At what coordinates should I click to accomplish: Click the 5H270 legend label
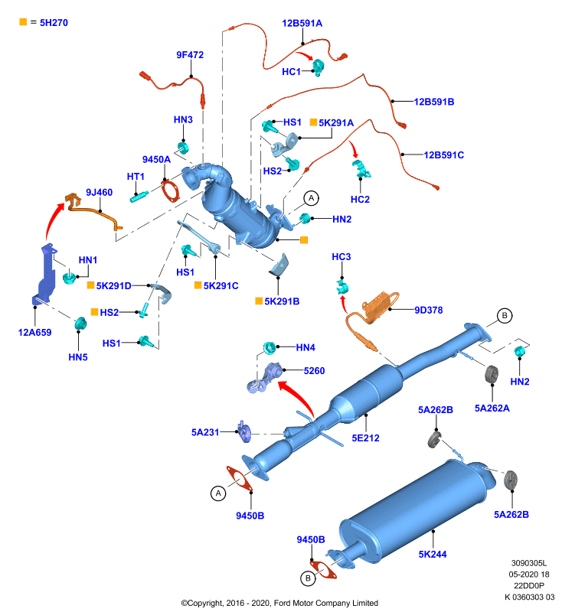click(54, 23)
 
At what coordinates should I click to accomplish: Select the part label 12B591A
click(302, 24)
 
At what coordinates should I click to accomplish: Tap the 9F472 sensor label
click(190, 55)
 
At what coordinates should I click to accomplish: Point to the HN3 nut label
click(183, 119)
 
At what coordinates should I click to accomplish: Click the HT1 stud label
click(136, 177)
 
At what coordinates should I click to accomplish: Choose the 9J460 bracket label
click(100, 193)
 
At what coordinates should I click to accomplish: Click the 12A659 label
click(34, 333)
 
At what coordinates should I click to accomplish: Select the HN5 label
click(78, 357)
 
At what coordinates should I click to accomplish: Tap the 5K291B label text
click(282, 301)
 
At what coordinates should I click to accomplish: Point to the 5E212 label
click(365, 438)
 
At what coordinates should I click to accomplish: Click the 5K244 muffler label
click(433, 554)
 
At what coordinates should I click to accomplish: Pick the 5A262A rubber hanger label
click(492, 409)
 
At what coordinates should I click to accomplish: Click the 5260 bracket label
click(315, 371)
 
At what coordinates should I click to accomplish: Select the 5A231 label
click(205, 432)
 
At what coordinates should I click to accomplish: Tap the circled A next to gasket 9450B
click(218, 493)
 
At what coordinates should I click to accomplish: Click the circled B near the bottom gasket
click(308, 578)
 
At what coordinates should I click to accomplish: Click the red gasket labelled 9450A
click(170, 190)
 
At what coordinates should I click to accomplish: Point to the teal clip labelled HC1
click(319, 67)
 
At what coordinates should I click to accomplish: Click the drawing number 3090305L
click(529, 563)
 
